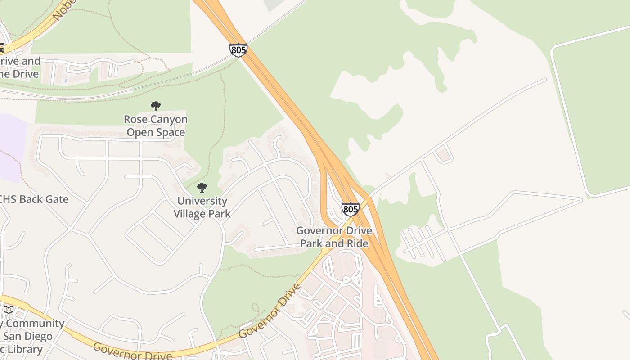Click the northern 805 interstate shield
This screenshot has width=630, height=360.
238,50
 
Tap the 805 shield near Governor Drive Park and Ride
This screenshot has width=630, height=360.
350,209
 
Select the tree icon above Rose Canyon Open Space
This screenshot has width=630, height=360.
156,106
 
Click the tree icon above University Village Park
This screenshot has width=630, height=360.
202,188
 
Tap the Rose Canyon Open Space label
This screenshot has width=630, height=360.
156,126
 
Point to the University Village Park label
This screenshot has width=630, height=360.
202,207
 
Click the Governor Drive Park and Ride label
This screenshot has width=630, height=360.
334,237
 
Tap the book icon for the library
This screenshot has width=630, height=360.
9,310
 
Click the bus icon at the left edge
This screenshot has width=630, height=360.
1,48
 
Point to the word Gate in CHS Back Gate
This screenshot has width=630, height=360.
57,199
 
